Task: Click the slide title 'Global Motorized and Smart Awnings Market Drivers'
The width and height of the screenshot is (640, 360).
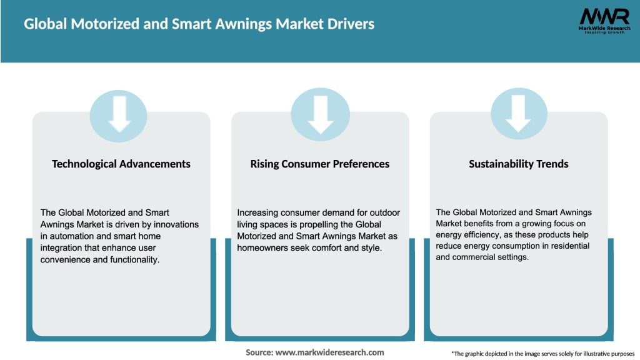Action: [199, 24]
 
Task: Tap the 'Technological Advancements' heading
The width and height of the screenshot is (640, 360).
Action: [121, 164]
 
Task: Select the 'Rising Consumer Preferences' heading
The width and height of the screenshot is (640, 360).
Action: [320, 164]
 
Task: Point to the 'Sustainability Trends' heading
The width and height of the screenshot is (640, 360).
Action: [519, 164]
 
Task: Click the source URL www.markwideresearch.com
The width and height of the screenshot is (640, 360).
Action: [329, 352]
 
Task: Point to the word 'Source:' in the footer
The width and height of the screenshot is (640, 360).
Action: [259, 352]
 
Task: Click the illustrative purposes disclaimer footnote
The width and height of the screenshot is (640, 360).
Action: [542, 354]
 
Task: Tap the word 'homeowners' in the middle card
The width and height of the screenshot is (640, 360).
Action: [261, 247]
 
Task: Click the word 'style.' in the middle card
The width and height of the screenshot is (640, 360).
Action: [369, 247]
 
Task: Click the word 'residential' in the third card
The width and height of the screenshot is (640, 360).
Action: [563, 246]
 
